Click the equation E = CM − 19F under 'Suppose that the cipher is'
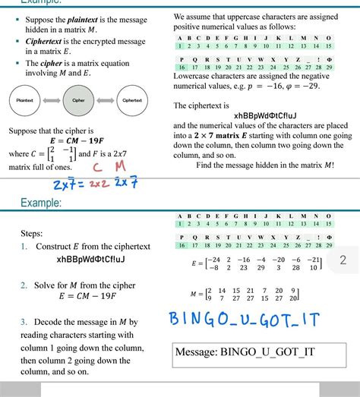79,141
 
